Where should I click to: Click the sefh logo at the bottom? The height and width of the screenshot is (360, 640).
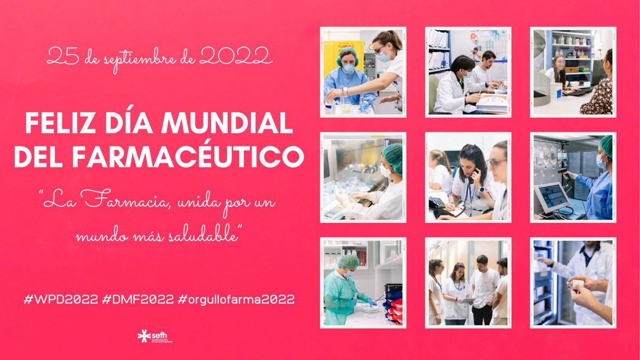click(x=155, y=337)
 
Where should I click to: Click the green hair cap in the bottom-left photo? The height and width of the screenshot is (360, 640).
click(x=349, y=261)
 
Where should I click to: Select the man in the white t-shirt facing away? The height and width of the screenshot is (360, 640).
click(x=484, y=288)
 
